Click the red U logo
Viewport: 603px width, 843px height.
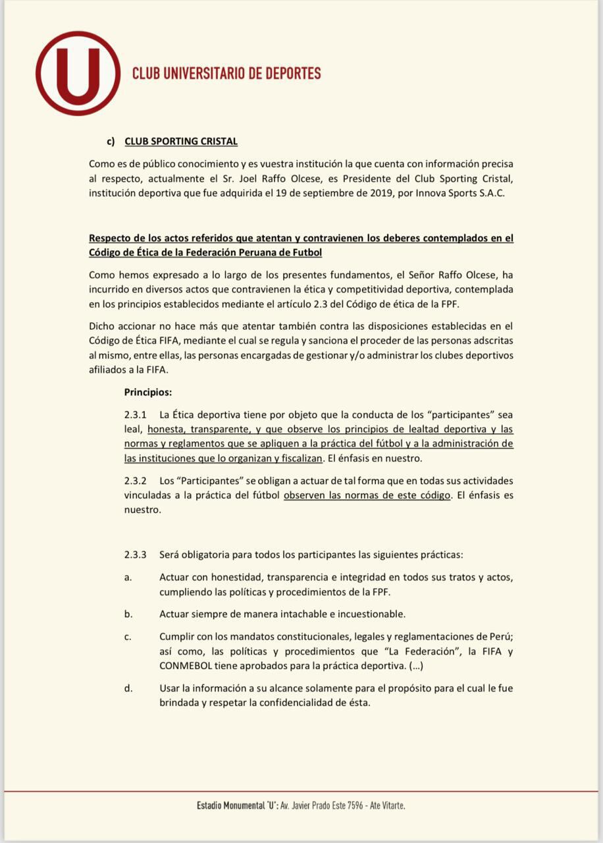point(78,73)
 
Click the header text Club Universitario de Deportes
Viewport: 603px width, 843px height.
point(226,73)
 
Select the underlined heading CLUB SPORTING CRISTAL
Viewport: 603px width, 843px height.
point(181,142)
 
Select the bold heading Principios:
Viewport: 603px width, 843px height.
point(147,392)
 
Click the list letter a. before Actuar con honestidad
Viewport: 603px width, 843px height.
point(128,578)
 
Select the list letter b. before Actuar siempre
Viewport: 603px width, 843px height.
point(128,614)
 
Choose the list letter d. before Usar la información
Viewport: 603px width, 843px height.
point(128,688)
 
